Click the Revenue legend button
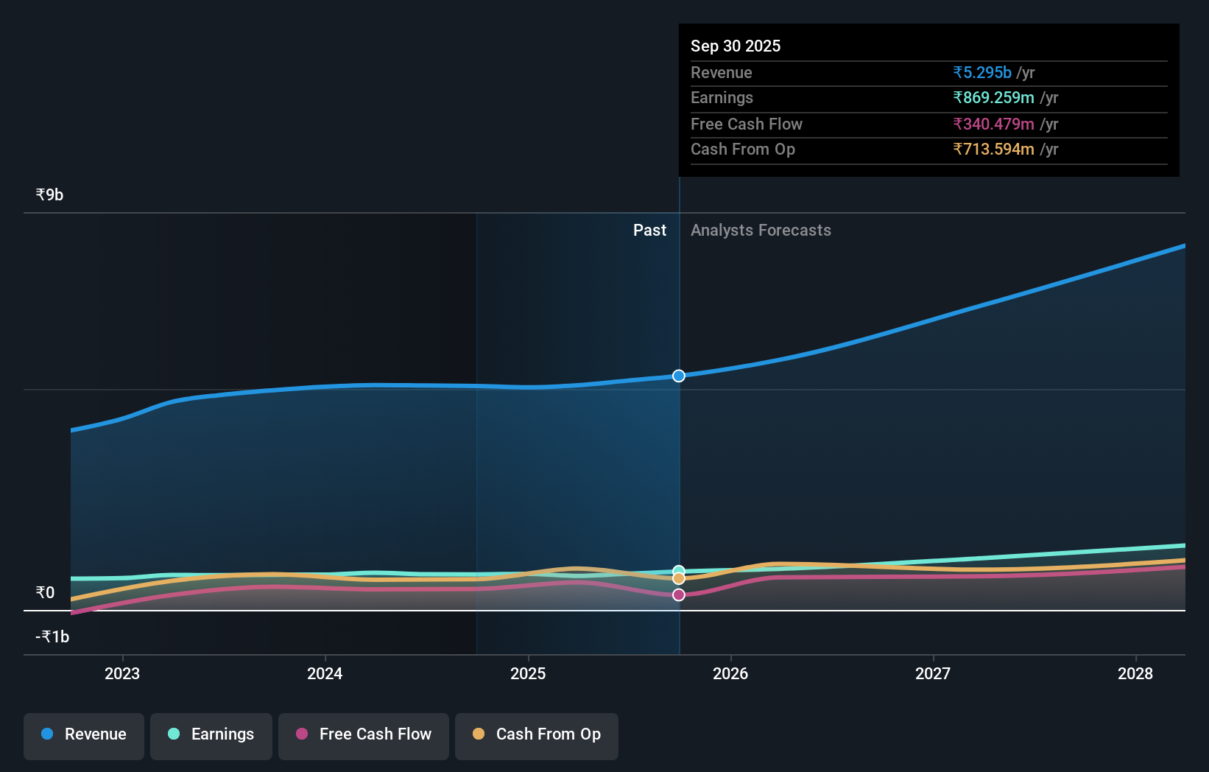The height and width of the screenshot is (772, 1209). (x=84, y=735)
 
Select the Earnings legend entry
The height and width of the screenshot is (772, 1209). (x=211, y=735)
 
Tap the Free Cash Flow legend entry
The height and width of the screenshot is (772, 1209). (x=364, y=735)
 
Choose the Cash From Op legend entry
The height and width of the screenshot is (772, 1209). (x=537, y=735)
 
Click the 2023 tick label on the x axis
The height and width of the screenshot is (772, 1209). (x=122, y=673)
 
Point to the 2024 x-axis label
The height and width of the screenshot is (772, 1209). (x=325, y=673)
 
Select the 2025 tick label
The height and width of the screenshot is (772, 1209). (x=528, y=673)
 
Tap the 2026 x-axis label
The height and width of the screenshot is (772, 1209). (x=730, y=673)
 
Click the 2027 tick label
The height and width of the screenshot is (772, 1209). (x=933, y=673)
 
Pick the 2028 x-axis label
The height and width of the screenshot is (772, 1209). (x=1135, y=673)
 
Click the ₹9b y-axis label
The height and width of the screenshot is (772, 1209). (x=49, y=194)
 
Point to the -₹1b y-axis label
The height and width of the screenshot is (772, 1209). (x=52, y=636)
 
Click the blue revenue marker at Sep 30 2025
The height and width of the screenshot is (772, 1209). (x=679, y=376)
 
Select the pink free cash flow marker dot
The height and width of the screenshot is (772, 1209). (x=679, y=594)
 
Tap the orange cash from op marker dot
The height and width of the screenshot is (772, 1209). (x=679, y=579)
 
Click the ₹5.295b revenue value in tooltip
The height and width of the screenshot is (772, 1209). (x=982, y=72)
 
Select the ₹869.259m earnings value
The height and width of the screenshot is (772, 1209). (x=993, y=97)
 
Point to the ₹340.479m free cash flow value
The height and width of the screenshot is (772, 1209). (x=993, y=124)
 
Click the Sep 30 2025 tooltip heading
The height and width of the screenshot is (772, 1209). (x=736, y=46)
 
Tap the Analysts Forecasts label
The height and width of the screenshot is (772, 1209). (x=761, y=230)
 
